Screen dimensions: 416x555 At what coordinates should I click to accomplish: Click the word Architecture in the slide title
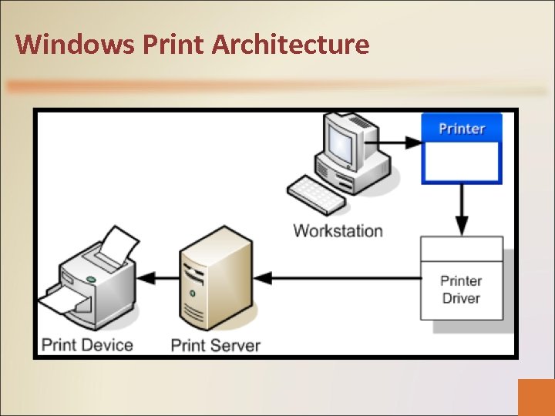(x=291, y=44)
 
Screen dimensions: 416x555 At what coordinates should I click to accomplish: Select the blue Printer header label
(x=462, y=128)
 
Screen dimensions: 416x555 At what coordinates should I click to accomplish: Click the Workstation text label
(x=338, y=230)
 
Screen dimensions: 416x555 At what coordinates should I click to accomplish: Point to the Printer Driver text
(x=461, y=290)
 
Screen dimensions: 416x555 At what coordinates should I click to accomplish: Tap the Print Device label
(x=87, y=344)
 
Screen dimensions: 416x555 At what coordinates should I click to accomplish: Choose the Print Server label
(x=216, y=344)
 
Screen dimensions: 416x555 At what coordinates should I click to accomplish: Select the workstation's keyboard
(x=318, y=193)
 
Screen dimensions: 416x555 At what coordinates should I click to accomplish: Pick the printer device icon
(x=92, y=277)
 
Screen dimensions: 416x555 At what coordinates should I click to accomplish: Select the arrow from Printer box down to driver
(x=461, y=209)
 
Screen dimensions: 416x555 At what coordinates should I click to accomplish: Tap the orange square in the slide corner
(x=536, y=397)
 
